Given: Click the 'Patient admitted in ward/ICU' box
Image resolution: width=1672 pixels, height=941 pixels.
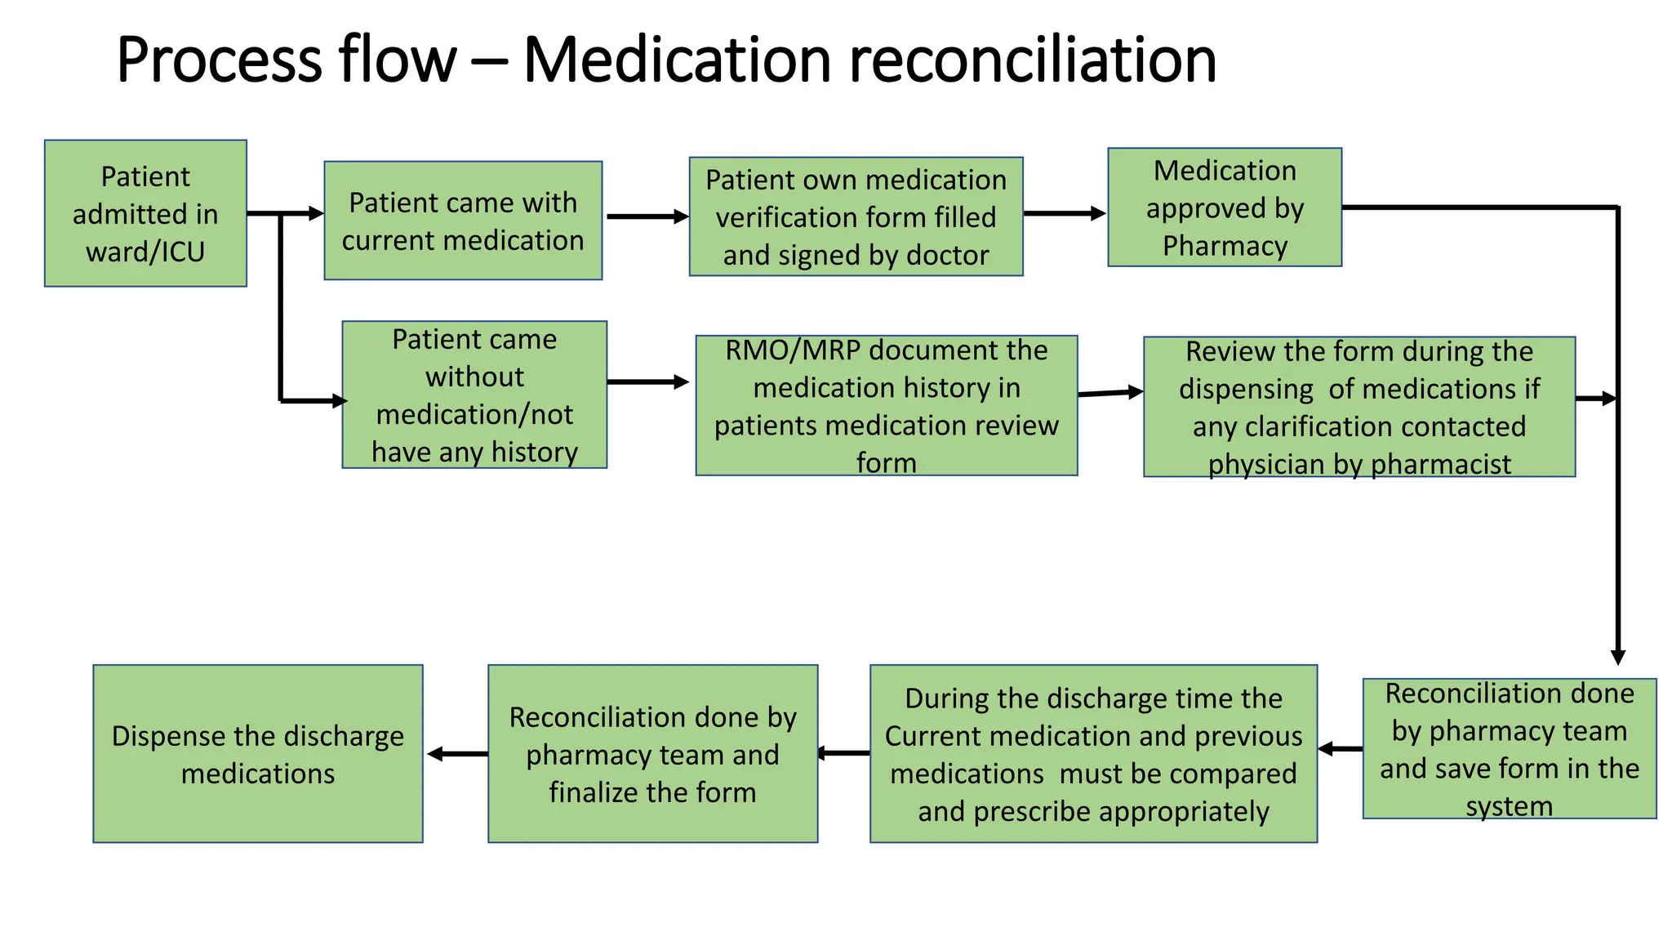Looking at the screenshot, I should pyautogui.click(x=145, y=213).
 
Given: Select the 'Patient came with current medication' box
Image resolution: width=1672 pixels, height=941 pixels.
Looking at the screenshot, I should pyautogui.click(x=463, y=221).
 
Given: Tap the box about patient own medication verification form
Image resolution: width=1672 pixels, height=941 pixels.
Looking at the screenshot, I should pyautogui.click(x=856, y=216).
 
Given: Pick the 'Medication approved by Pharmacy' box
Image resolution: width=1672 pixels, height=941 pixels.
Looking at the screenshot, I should pyautogui.click(x=1224, y=207).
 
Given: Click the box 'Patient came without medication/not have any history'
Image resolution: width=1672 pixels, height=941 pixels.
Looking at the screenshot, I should pyautogui.click(x=474, y=395).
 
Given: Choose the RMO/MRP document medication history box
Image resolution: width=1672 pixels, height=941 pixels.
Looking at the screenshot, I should pyautogui.click(x=886, y=405).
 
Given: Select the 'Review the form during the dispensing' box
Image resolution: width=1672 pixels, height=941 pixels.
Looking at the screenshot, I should pyautogui.click(x=1358, y=407).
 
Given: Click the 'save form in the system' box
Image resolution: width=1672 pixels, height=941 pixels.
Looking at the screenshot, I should pyautogui.click(x=1509, y=748).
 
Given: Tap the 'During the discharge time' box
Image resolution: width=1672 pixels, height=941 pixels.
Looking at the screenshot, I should pyautogui.click(x=1093, y=753).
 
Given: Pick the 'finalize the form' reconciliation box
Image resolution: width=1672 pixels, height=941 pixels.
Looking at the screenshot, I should pyautogui.click(x=652, y=753).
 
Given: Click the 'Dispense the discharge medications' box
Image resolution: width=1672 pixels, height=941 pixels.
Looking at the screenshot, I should pyautogui.click(x=258, y=753).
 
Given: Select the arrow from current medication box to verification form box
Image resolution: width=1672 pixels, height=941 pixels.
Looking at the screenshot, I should pyautogui.click(x=647, y=216).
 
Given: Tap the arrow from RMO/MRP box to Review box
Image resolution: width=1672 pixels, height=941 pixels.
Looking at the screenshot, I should pyautogui.click(x=1110, y=393).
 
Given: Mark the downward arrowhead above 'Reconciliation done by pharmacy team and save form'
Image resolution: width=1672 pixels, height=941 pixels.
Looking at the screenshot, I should pyautogui.click(x=1617, y=657).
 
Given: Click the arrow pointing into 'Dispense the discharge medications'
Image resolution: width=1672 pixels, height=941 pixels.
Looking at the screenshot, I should pyautogui.click(x=457, y=754).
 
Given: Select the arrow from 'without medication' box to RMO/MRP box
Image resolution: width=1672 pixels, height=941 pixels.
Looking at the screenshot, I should pyautogui.click(x=647, y=381).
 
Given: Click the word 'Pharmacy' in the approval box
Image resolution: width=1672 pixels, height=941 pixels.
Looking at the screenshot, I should pyautogui.click(x=1224, y=246).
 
